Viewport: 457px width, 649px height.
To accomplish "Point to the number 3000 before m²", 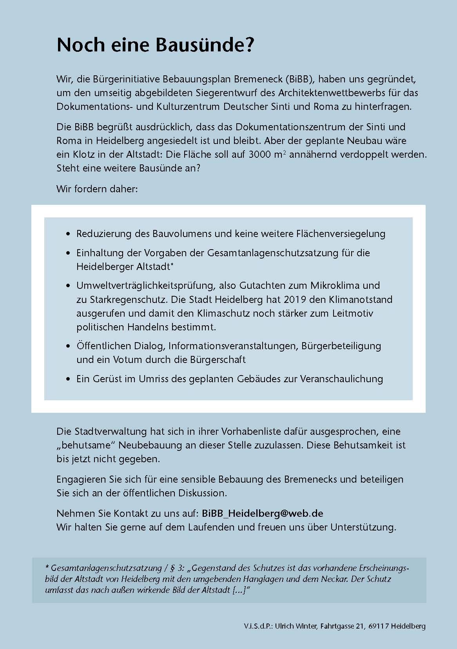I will [x=260, y=154].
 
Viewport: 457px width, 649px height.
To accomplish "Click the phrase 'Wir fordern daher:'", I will [x=97, y=189].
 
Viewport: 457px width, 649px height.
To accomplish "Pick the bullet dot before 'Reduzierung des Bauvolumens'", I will [x=69, y=234].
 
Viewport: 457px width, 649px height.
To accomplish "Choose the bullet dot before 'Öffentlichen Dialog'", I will [x=69, y=346].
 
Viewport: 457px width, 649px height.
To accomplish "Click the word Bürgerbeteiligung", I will [x=341, y=346].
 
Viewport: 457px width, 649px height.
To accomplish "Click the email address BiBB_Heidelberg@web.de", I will [x=262, y=513].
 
